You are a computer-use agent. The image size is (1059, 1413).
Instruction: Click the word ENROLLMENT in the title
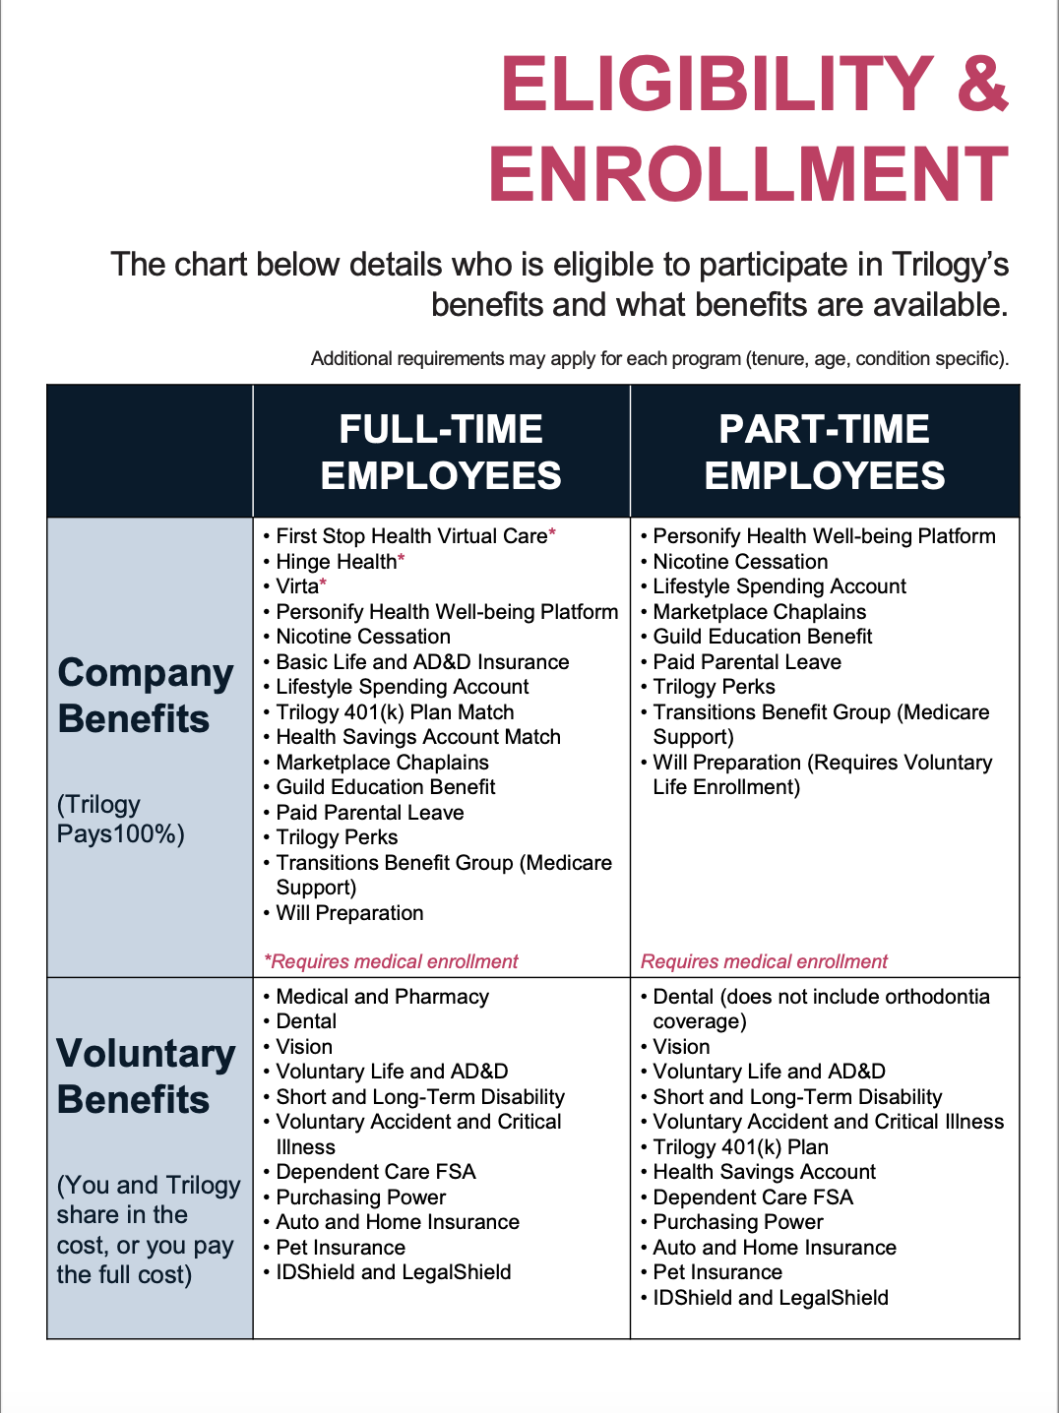click(x=748, y=174)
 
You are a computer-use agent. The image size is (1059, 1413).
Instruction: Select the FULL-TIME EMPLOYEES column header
click(x=441, y=453)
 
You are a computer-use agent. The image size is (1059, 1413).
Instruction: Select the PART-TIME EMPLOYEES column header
click(x=824, y=453)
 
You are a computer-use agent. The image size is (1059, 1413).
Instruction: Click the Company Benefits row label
click(x=146, y=696)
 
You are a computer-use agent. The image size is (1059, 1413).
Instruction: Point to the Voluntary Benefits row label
click(x=146, y=1076)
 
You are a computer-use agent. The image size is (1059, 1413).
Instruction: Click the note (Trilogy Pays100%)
click(x=120, y=819)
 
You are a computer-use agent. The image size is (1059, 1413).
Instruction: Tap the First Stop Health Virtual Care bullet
click(x=411, y=536)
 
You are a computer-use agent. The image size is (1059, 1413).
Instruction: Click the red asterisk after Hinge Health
click(x=402, y=560)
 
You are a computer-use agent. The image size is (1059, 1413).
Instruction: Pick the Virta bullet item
click(x=297, y=586)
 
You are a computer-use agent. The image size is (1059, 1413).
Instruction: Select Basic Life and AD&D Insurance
click(x=422, y=662)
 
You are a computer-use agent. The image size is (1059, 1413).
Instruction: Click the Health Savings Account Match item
click(x=418, y=737)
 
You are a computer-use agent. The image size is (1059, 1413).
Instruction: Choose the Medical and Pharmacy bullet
click(x=382, y=997)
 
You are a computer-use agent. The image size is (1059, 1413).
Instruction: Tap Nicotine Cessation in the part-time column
click(x=740, y=562)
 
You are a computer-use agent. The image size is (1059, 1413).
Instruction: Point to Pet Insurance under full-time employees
click(x=341, y=1248)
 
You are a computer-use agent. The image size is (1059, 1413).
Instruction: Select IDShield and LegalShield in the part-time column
click(x=771, y=1298)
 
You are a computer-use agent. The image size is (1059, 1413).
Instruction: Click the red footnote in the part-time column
click(x=764, y=961)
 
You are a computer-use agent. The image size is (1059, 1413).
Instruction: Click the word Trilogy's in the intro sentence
click(x=950, y=265)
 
